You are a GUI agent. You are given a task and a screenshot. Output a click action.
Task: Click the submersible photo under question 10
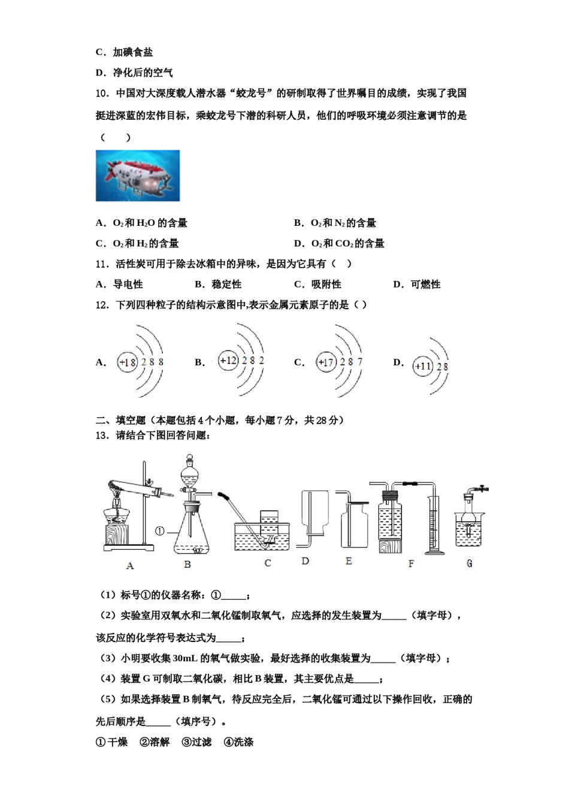(138, 175)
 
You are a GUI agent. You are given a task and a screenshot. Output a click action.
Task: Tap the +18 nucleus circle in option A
(128, 362)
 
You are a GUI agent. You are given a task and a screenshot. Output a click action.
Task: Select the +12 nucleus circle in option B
(228, 361)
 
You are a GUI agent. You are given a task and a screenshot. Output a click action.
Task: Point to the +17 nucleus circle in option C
(326, 362)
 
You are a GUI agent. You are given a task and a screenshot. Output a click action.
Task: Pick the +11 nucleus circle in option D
(423, 366)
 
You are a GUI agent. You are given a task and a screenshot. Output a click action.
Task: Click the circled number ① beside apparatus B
(160, 531)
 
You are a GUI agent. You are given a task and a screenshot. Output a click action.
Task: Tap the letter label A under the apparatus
(130, 565)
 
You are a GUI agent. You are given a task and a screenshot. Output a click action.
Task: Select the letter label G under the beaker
(469, 564)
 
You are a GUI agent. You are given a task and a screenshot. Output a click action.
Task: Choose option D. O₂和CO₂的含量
(339, 243)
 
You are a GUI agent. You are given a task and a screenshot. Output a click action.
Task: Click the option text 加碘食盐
(132, 52)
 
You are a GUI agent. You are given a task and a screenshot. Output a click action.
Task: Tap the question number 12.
(102, 305)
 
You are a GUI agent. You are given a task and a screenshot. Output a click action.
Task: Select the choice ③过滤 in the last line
(196, 742)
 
